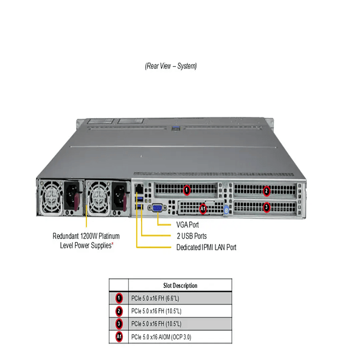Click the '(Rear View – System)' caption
(x=171, y=66)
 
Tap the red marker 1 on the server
(x=186, y=190)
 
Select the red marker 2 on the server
(x=266, y=190)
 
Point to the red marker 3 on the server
(x=266, y=207)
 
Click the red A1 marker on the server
(x=202, y=208)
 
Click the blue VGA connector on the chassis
(x=158, y=208)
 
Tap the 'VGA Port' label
(x=187, y=225)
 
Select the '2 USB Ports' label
(x=191, y=236)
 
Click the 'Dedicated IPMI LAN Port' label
(x=206, y=247)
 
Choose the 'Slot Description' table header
(x=180, y=286)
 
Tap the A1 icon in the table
(x=119, y=337)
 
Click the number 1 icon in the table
(x=119, y=298)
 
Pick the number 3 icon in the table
(x=119, y=324)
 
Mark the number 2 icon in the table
(x=119, y=311)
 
